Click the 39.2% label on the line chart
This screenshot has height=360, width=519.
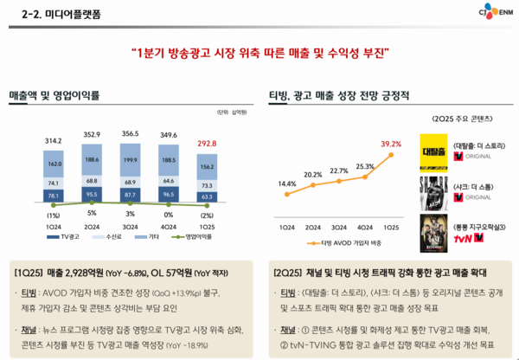[x=390, y=144]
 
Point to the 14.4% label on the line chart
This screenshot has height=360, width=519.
[x=287, y=183]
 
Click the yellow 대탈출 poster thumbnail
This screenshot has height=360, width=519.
[x=431, y=150]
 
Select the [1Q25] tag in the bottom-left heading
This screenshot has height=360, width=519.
[x=30, y=272]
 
